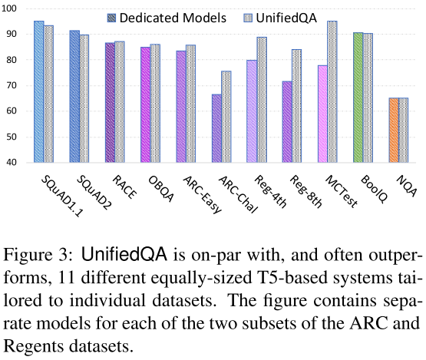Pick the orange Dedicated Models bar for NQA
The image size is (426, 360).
[395, 130]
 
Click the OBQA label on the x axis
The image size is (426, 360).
[151, 184]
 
